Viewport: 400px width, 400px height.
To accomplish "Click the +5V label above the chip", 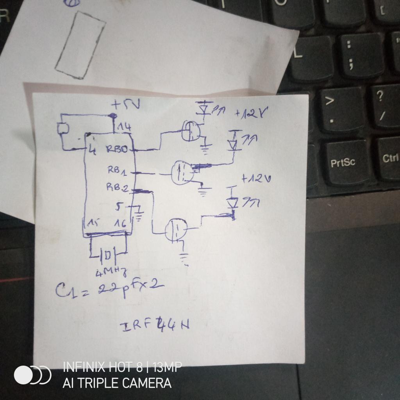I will point(125,105).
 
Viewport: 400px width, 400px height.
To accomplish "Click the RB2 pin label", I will point(118,188).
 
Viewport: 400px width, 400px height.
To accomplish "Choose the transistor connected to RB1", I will point(182,172).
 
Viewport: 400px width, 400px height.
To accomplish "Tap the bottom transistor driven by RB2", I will point(176,229).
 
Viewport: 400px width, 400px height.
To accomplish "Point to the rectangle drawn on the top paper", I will point(80,45).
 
